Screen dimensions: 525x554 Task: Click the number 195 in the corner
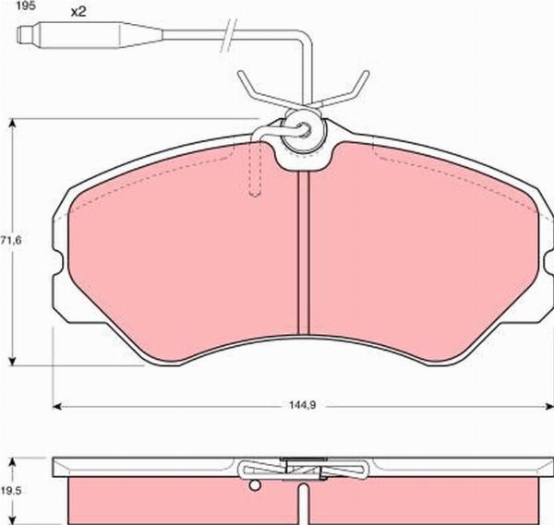tap(12, 6)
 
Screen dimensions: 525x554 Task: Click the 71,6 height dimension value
tap(11, 241)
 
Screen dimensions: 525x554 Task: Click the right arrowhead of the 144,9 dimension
tap(548, 405)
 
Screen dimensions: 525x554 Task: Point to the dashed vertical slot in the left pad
tap(257, 171)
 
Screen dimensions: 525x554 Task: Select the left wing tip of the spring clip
tap(242, 74)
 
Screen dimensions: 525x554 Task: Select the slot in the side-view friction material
tap(303, 503)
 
